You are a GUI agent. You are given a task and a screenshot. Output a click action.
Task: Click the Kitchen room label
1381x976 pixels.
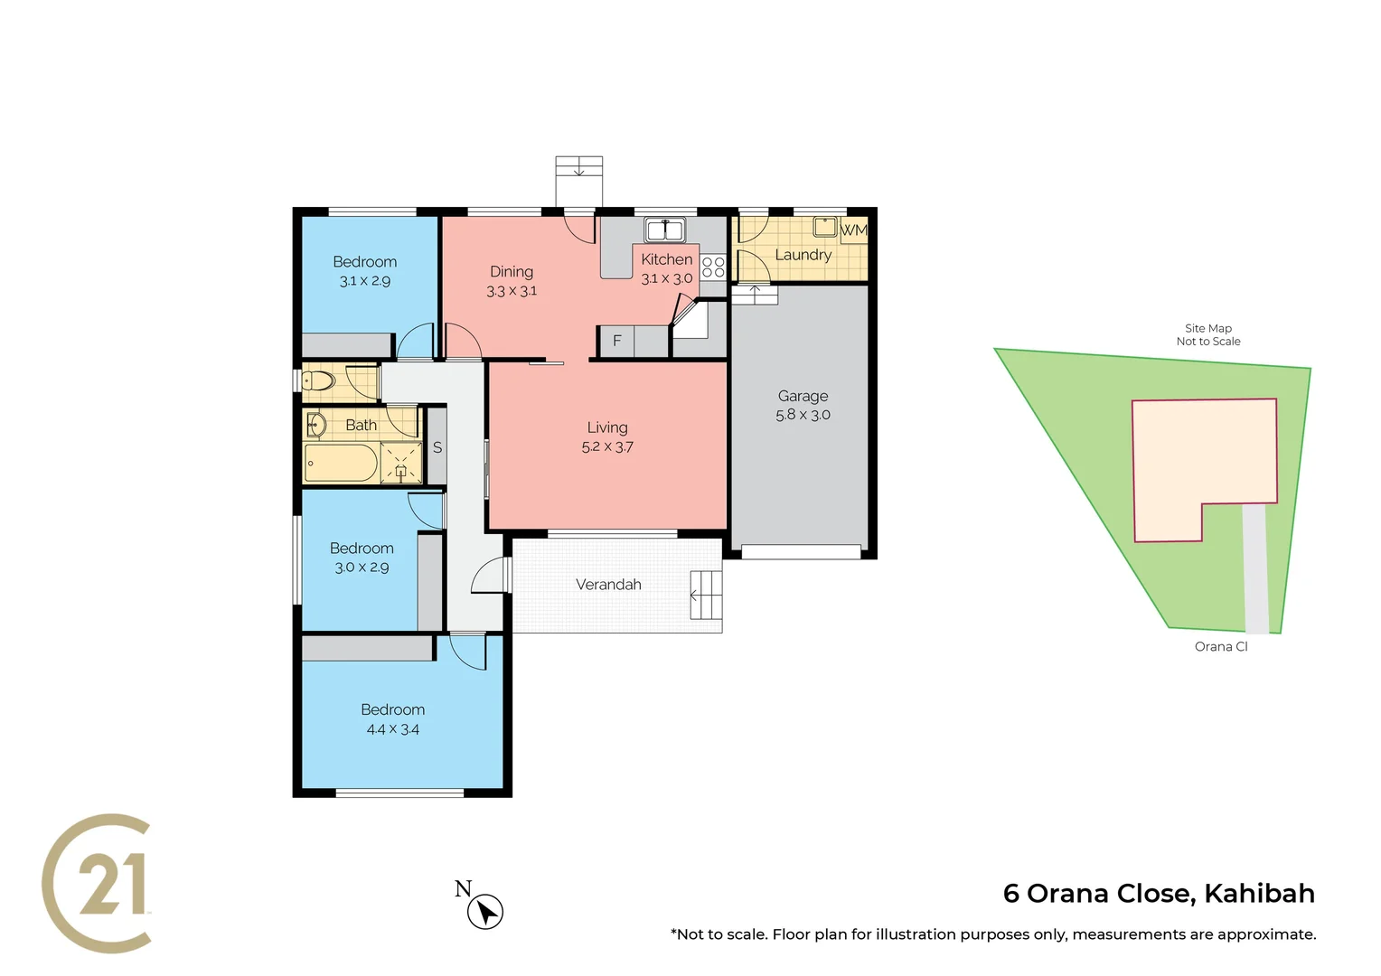click(x=666, y=259)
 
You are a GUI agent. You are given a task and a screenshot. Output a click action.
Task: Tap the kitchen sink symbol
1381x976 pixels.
click(x=664, y=230)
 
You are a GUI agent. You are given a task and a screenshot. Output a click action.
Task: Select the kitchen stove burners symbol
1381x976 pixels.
click(x=713, y=267)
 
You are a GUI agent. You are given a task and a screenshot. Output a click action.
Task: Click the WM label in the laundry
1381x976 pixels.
click(x=853, y=230)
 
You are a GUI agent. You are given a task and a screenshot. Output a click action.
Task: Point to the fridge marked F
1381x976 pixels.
click(x=617, y=341)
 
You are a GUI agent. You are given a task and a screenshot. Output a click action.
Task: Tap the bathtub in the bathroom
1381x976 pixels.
click(x=341, y=464)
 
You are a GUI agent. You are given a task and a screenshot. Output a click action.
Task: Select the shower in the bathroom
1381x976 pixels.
click(x=400, y=463)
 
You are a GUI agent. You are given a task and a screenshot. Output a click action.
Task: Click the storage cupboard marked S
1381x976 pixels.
click(x=437, y=447)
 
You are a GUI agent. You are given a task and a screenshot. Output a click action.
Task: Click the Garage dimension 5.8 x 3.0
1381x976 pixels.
click(x=803, y=415)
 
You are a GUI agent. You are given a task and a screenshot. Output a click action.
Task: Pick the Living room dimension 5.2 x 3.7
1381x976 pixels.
click(x=607, y=447)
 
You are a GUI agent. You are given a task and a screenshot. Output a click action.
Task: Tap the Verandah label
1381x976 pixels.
click(x=608, y=585)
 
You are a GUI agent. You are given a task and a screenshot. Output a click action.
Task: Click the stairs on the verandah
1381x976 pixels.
click(x=706, y=595)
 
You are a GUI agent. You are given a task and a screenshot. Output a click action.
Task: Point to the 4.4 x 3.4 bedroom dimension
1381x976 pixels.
click(x=392, y=729)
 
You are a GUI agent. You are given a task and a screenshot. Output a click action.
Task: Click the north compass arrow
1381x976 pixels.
click(x=485, y=912)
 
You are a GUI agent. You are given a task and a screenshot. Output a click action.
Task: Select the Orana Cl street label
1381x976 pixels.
click(x=1221, y=646)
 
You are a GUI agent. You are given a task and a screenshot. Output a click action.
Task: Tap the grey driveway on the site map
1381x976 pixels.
click(x=1255, y=569)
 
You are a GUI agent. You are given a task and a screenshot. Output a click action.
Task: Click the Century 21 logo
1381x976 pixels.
click(x=98, y=883)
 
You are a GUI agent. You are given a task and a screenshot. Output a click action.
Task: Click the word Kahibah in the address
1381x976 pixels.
click(x=1259, y=893)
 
